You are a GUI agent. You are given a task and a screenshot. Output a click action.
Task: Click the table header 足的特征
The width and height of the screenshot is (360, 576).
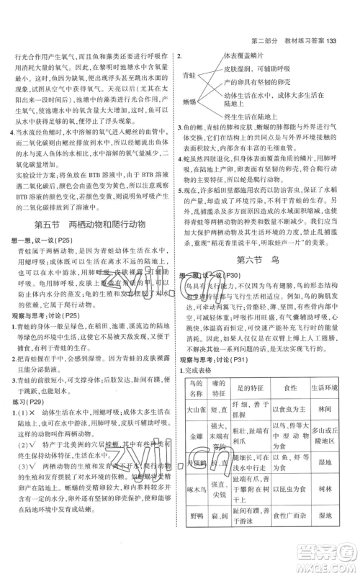click(x=249, y=349)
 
